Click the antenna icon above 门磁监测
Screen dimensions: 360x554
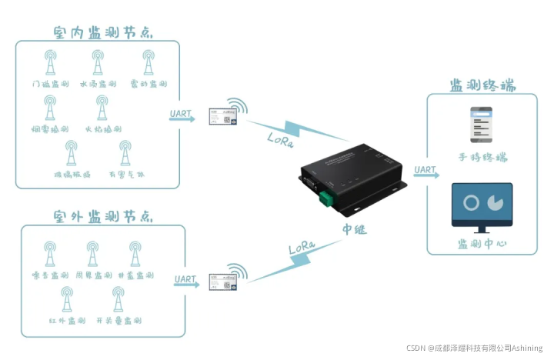(x=51, y=63)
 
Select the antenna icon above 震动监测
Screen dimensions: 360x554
(x=149, y=63)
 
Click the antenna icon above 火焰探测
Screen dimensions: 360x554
(x=100, y=108)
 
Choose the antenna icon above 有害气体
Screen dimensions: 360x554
(x=122, y=154)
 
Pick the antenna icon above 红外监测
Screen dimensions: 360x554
(x=67, y=300)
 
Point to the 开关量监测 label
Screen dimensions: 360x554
(x=118, y=320)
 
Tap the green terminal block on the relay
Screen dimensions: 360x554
(x=329, y=198)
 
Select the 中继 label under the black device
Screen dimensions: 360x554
(x=355, y=228)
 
